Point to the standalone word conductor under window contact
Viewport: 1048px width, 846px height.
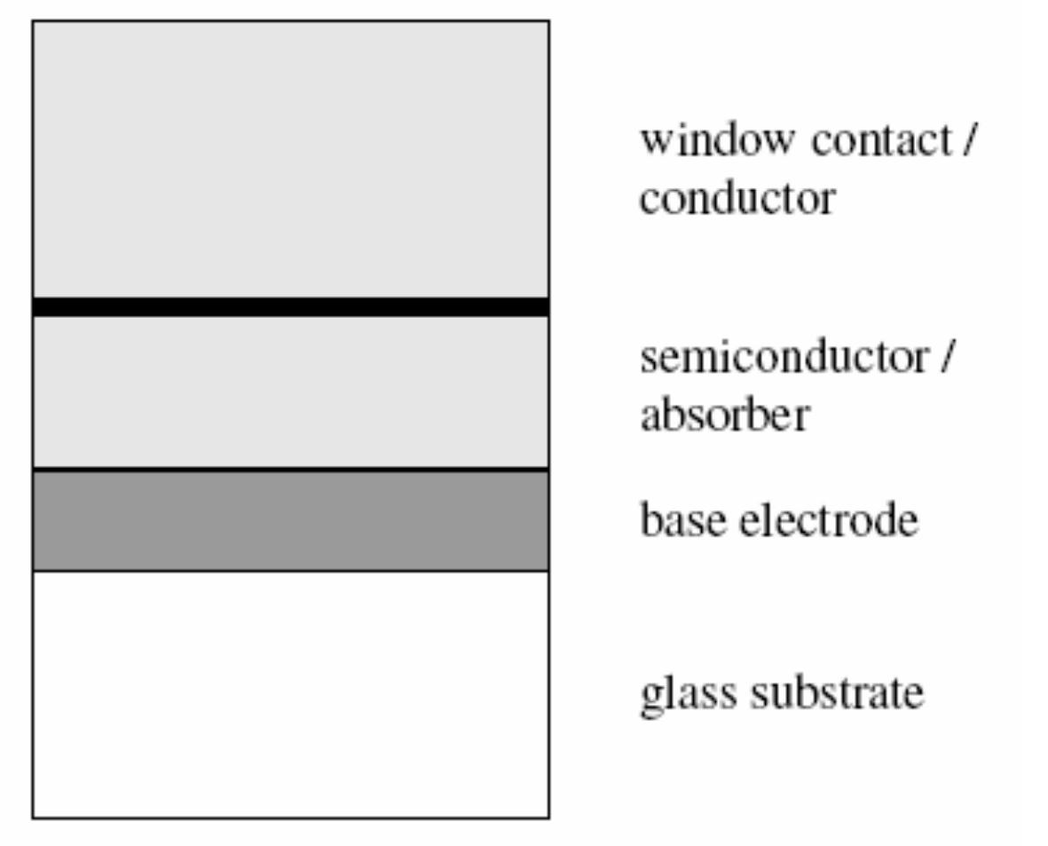tap(737, 198)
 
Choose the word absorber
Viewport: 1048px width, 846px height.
tap(723, 415)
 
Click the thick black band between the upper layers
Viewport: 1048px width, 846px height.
tap(290, 306)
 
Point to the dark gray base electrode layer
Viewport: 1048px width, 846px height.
tap(290, 521)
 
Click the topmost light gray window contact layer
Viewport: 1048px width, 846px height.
tap(290, 160)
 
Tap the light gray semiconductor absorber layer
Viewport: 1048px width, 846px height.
tap(290, 391)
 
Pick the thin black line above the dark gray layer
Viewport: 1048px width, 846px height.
tap(290, 468)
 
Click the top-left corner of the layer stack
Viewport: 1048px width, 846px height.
tap(33, 20)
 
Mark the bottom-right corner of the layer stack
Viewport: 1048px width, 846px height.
tap(548, 817)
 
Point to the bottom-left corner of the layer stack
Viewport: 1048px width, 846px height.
tap(33, 817)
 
